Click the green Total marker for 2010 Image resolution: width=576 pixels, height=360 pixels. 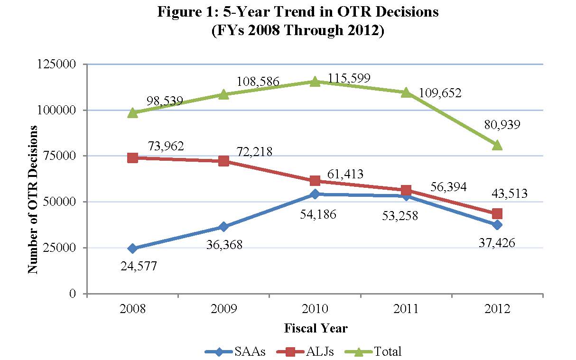pyautogui.click(x=315, y=82)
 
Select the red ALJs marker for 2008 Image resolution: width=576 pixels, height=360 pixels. pyautogui.click(x=132, y=158)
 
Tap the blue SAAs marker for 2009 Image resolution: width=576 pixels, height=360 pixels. pyautogui.click(x=223, y=227)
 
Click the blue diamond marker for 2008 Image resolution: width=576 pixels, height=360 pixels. pyautogui.click(x=132, y=248)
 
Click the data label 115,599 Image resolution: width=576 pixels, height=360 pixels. pyautogui.click(x=349, y=77)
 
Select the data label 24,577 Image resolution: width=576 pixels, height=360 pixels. pyautogui.click(x=137, y=266)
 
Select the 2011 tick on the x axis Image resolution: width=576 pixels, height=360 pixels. pyautogui.click(x=406, y=309)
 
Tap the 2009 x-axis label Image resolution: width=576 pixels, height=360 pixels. pyautogui.click(x=223, y=309)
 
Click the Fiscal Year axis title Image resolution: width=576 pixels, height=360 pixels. pyautogui.click(x=316, y=328)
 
